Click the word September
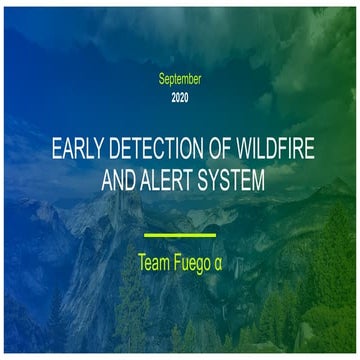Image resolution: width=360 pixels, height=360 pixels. [180, 78]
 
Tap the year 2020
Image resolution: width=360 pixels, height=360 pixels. [180, 98]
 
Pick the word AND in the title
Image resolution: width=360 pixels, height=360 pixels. [122, 183]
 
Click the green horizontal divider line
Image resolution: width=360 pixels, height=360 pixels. [180, 235]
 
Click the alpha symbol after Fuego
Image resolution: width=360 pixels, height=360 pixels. [227, 265]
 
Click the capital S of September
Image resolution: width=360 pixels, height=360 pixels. [162, 78]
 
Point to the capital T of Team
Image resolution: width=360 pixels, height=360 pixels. [143, 263]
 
